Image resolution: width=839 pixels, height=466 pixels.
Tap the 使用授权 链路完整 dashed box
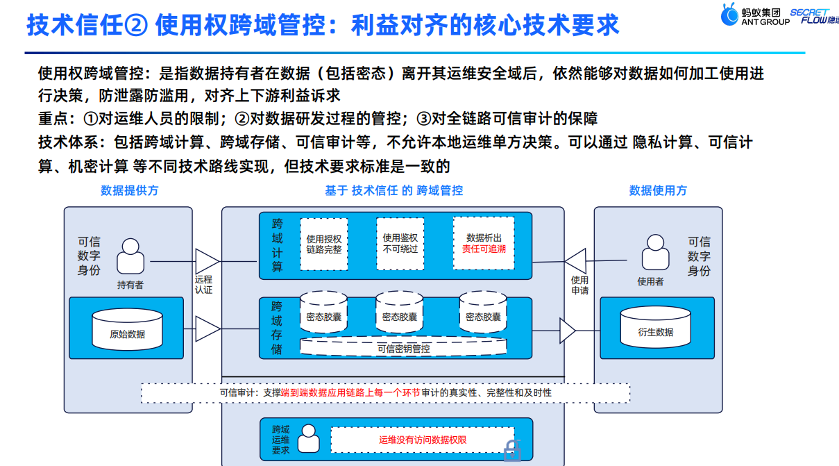pyautogui.click(x=324, y=243)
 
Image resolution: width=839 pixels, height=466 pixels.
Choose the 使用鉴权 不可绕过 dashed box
pyautogui.click(x=400, y=243)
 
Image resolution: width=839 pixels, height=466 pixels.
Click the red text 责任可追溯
pyautogui.click(x=484, y=249)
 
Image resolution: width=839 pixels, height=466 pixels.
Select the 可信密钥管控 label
pyautogui.click(x=403, y=349)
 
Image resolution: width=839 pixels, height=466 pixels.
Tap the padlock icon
pyautogui.click(x=512, y=451)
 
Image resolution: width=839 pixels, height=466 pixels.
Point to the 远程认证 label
pyautogui.click(x=203, y=285)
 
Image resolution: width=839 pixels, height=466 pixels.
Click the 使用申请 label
pyautogui.click(x=579, y=285)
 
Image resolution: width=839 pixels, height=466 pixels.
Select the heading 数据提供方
pyautogui.click(x=130, y=190)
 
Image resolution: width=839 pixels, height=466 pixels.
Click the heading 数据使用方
pyautogui.click(x=658, y=190)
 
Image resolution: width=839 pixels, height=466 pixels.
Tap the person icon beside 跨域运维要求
pyautogui.click(x=307, y=440)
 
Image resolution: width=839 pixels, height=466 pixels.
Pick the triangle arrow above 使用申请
pyautogui.click(x=575, y=261)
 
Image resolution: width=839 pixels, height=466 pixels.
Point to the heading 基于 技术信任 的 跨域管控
pyautogui.click(x=393, y=190)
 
